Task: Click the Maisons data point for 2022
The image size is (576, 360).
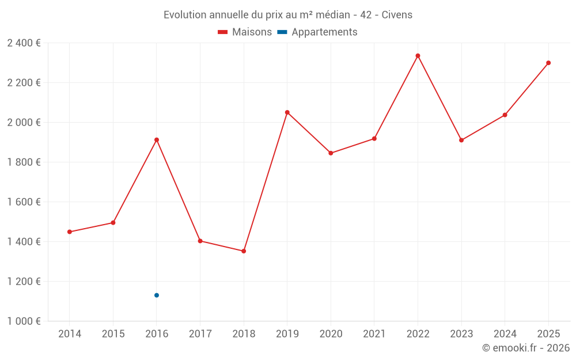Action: click(x=418, y=56)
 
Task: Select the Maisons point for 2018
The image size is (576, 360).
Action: click(x=244, y=251)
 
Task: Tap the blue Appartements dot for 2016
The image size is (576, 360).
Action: click(x=157, y=295)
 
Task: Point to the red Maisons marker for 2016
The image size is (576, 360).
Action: click(x=157, y=140)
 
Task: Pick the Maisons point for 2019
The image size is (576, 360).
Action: click(x=287, y=112)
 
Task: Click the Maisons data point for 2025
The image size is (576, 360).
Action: click(x=548, y=63)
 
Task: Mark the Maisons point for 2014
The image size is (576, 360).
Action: click(x=70, y=232)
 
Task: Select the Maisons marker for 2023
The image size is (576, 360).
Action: click(x=461, y=140)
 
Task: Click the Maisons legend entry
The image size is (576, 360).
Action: click(x=245, y=32)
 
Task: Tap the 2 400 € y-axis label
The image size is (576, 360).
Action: click(x=24, y=43)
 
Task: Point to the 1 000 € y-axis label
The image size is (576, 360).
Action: click(x=24, y=321)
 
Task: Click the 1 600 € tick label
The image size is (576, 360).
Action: click(x=24, y=202)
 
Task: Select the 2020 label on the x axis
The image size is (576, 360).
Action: click(x=331, y=334)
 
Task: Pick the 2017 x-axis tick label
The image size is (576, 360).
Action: click(x=200, y=334)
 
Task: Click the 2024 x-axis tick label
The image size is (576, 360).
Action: click(x=505, y=334)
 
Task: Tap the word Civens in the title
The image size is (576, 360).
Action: click(x=397, y=15)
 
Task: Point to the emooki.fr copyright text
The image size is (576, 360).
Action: click(x=526, y=348)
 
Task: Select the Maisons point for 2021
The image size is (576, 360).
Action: click(x=374, y=139)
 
